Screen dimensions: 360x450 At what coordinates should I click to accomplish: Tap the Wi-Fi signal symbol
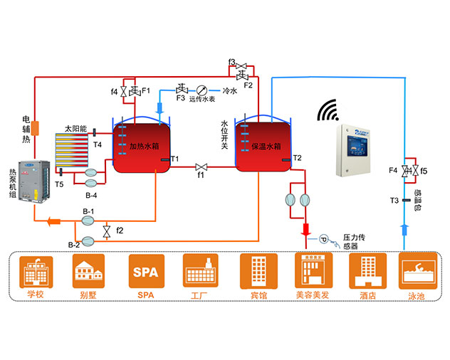(329, 111)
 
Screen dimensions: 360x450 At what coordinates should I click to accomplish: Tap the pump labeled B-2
(88, 239)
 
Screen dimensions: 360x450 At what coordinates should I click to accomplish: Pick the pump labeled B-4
(92, 172)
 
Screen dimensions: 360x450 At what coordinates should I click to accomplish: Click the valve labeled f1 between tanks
(201, 166)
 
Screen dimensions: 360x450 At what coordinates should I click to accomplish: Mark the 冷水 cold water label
(229, 91)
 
